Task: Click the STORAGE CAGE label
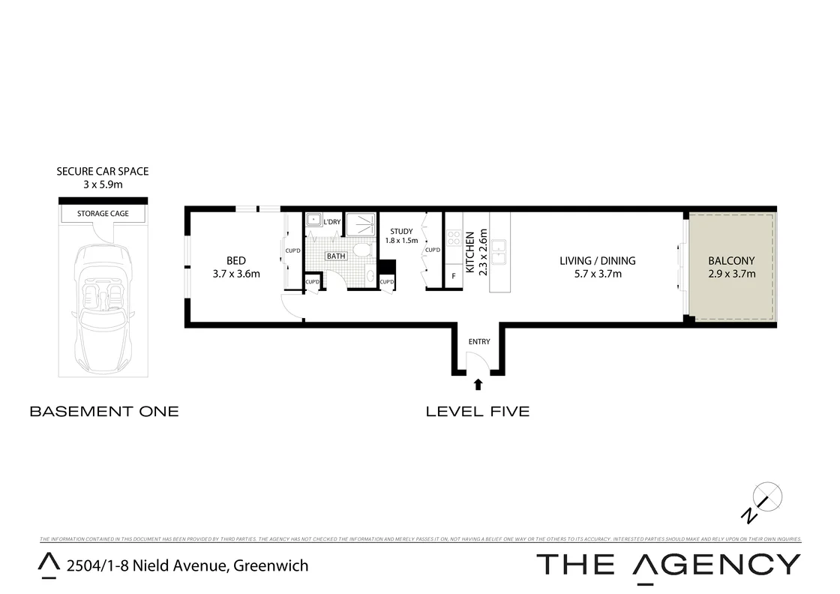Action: tap(103, 214)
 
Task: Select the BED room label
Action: tap(235, 261)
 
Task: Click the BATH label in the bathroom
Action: tap(336, 256)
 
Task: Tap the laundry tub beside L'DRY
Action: tap(313, 220)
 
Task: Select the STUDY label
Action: tap(401, 231)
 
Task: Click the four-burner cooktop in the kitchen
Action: tap(454, 238)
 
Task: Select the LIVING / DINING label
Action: tap(597, 261)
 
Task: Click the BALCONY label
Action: tap(731, 261)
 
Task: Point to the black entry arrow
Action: tap(478, 385)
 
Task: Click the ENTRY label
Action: tap(478, 342)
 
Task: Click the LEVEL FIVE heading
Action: tap(477, 411)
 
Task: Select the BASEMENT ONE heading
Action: tap(103, 411)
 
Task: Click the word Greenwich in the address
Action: tap(271, 565)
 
